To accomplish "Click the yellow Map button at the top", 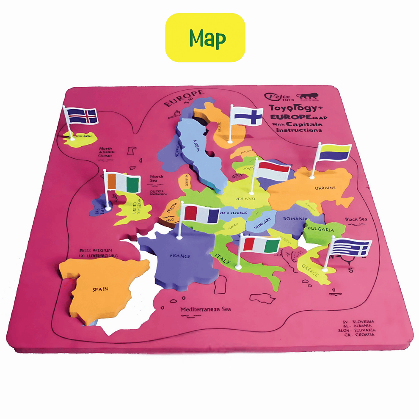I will (205, 38).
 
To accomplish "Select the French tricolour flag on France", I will (201, 215).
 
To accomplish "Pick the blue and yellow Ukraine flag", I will (334, 152).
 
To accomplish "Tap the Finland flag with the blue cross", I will (247, 116).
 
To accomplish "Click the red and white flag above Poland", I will (273, 170).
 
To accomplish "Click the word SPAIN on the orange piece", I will (100, 289).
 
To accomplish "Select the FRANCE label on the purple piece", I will (180, 256).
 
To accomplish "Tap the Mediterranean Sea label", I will (206, 309).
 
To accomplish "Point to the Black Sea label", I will (356, 219).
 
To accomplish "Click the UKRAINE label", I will (325, 187).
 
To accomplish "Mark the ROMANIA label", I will (295, 219).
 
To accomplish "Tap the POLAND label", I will (245, 198).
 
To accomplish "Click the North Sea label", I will (157, 178).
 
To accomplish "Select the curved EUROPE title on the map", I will (184, 98).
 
